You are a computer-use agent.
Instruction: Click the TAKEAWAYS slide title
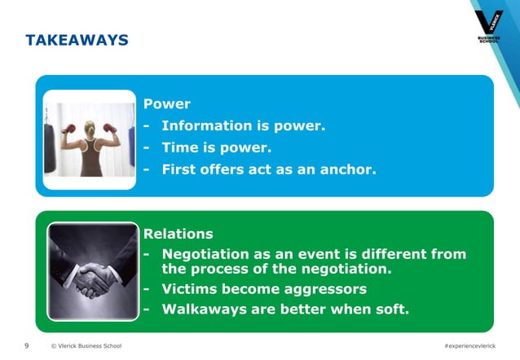coord(77,40)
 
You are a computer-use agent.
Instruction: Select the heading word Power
coord(166,104)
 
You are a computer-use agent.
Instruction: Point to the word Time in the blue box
coord(180,148)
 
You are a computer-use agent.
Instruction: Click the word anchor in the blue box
coord(346,170)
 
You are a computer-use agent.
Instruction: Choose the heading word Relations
coord(178,235)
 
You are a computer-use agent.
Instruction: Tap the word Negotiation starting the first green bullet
coord(211,255)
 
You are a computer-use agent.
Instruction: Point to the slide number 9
coord(27,346)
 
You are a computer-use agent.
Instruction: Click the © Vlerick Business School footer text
coord(86,346)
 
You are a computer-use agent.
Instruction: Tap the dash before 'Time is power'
coord(147,148)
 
